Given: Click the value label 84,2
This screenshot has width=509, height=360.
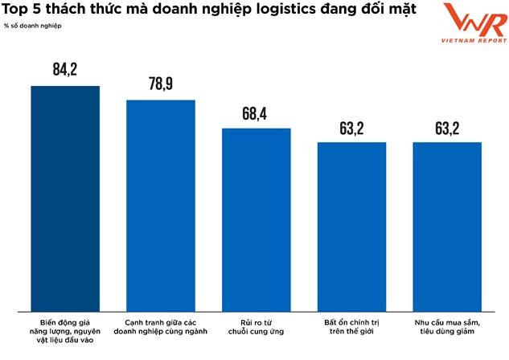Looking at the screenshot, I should coord(64,71).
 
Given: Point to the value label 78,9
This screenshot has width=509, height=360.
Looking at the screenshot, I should coord(161,85).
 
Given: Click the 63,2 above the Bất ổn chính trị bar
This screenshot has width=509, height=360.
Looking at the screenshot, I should coord(351,128).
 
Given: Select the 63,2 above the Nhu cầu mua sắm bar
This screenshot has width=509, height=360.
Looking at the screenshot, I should coord(447,128).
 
